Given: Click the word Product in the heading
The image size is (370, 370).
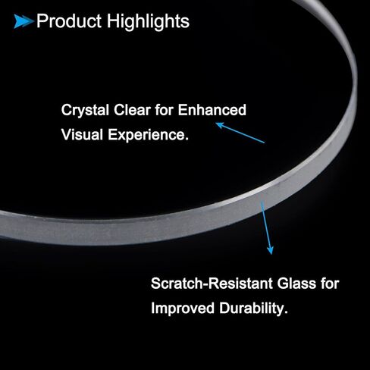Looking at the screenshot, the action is pos(69,20).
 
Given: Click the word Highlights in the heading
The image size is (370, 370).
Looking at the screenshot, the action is pos(148,22).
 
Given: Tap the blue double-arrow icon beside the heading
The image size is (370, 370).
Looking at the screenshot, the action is pos(24,21).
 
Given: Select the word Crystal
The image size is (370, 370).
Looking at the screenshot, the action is pos(85,111).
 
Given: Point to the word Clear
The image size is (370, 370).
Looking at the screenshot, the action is pos(132,110).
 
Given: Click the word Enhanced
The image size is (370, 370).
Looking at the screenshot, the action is pos(212,110).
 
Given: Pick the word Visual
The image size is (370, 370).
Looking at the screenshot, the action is pos(82,134).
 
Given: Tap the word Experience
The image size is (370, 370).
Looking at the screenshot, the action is pos(146,135).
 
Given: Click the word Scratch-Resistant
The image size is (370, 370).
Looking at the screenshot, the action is pos(212,284).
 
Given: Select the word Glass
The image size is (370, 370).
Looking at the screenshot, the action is pos(296,284).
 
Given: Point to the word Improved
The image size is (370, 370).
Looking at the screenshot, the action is pos(183,309).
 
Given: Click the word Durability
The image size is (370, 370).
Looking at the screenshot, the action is pos(251,309).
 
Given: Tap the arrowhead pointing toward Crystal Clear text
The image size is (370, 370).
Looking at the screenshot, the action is pos(219,125).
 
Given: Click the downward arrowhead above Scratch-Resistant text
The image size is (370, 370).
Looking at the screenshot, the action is pos(270,250).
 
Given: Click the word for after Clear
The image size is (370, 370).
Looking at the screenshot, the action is pos(165,110).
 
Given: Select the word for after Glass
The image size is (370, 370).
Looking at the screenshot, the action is pos(330,284).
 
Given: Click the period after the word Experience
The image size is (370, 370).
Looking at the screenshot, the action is pos(187,140).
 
